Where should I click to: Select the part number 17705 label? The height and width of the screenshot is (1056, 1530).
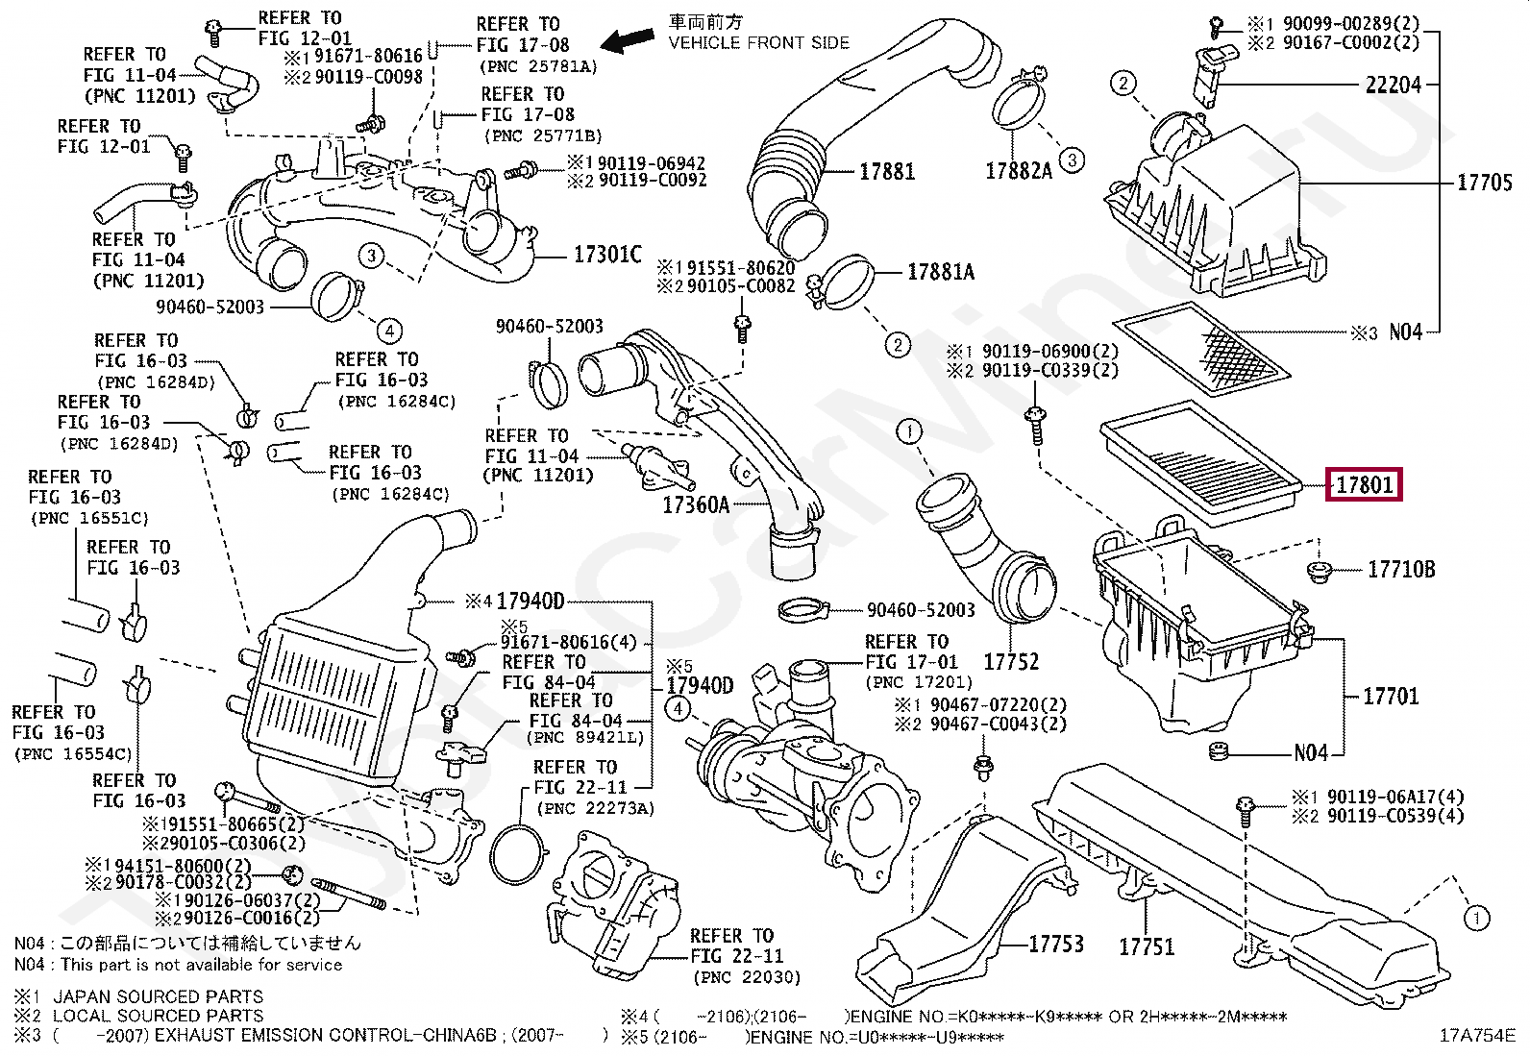point(1485,182)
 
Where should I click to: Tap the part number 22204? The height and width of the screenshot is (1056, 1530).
point(1393,85)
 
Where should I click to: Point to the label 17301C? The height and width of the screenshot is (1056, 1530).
point(606,255)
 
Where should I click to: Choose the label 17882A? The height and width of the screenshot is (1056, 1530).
point(1019,171)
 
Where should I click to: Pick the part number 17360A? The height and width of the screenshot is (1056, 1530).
point(695,503)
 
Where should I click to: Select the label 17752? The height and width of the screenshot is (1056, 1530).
point(1010,661)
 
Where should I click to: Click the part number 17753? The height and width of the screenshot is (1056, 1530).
point(1055,944)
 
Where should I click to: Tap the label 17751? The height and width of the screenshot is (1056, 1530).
point(1146,946)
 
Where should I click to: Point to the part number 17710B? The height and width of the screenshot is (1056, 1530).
point(1400,570)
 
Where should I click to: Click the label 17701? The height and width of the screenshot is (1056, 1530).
point(1390,696)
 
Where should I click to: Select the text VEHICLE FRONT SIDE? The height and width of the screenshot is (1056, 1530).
point(758,42)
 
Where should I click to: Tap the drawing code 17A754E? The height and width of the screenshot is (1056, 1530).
point(1476,1036)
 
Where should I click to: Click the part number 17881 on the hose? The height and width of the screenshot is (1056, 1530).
point(886,172)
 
